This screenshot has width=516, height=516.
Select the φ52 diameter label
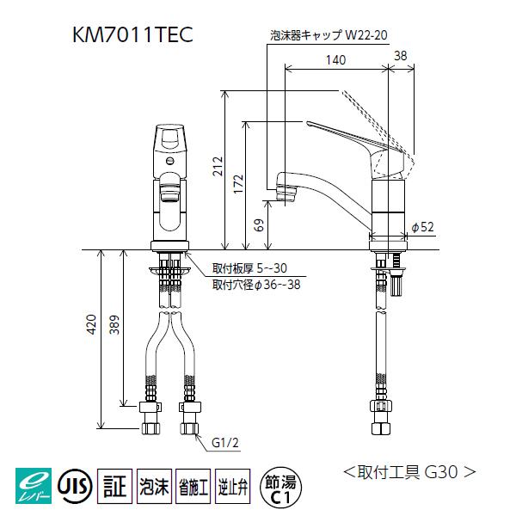[421, 226]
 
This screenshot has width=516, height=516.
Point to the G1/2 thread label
[224, 445]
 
